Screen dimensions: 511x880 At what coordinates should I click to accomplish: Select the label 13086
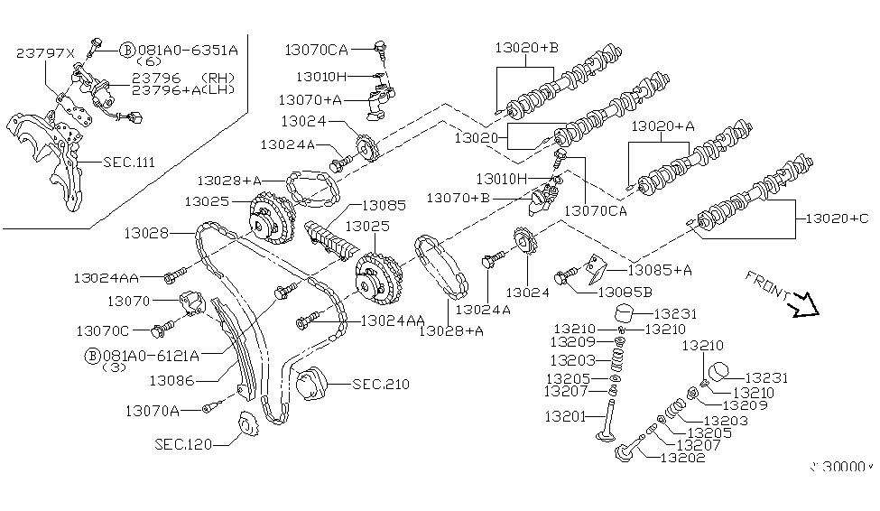point(172,380)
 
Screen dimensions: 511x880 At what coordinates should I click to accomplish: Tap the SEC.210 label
point(381,385)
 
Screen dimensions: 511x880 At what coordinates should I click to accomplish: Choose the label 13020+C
point(836,218)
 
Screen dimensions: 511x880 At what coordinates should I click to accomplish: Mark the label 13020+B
point(526,48)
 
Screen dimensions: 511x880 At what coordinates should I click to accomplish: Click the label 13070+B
point(458,197)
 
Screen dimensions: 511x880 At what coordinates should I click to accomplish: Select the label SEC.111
point(129,162)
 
